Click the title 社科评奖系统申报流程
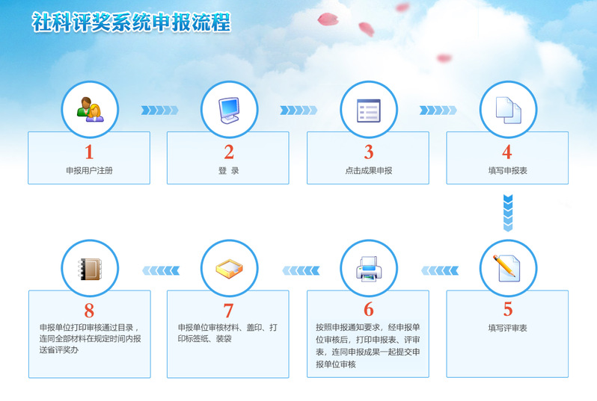tap(132, 22)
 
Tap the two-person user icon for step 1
tap(91, 110)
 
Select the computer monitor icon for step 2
tap(229, 111)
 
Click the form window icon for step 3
tap(369, 111)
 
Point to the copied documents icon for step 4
tap(508, 111)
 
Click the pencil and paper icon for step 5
tap(506, 268)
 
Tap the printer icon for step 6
tap(369, 269)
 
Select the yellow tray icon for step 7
tap(229, 269)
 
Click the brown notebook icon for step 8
tap(90, 269)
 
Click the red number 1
tap(89, 152)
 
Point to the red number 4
tap(506, 152)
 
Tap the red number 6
tap(369, 309)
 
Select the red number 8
tap(89, 311)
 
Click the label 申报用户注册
tap(90, 171)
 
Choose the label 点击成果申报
tap(369, 171)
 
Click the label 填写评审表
tap(507, 328)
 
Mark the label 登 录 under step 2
tap(228, 171)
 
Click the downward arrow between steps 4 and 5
tap(508, 213)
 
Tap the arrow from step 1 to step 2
tap(159, 111)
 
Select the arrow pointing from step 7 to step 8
tap(161, 270)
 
